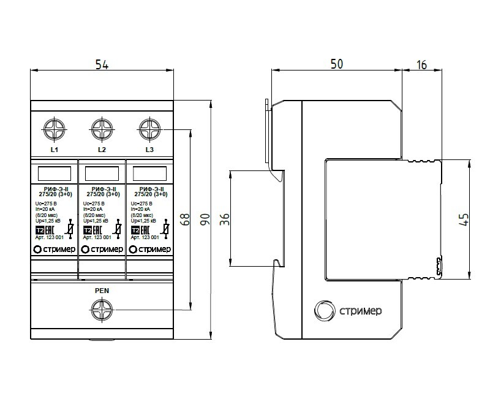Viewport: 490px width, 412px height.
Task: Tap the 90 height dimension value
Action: [x=205, y=219]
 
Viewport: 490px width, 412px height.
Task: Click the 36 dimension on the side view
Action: [x=224, y=218]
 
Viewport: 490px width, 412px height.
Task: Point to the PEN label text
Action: [x=102, y=291]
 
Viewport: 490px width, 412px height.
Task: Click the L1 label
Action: [x=54, y=150]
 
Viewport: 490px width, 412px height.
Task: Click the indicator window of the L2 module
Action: [x=102, y=172]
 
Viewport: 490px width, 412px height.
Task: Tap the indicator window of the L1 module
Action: [x=54, y=172]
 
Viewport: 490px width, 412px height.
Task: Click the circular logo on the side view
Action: [x=323, y=310]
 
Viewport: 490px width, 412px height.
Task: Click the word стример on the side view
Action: [x=361, y=311]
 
